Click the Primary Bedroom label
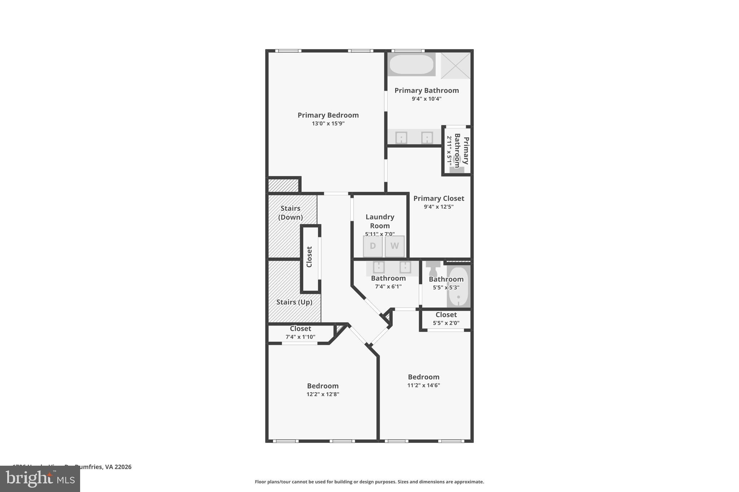328,115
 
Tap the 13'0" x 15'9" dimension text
328,124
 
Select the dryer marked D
373,246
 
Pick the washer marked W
394,246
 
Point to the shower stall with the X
455,65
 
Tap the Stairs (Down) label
290,213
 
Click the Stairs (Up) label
294,302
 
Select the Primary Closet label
438,198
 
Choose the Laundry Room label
380,221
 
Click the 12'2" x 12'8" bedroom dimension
323,394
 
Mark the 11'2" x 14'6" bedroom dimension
424,385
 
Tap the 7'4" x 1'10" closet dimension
300,337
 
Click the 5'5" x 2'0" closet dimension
446,323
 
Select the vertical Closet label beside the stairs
309,257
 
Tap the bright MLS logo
40,479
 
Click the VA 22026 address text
118,467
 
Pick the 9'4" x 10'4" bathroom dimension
427,99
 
